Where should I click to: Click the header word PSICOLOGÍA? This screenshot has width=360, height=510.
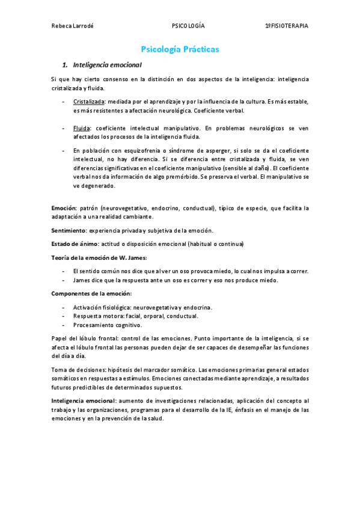(188, 26)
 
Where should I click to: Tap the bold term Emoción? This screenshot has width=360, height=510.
(64, 208)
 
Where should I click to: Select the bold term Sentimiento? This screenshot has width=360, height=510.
(70, 230)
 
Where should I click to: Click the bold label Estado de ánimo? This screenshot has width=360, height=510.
(75, 244)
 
